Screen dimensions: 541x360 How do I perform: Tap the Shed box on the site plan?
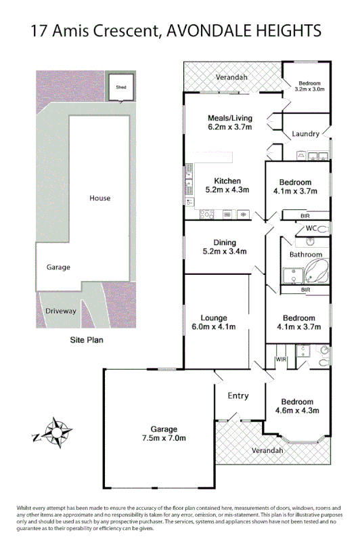pos(120,87)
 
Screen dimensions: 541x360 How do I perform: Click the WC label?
pos(311,229)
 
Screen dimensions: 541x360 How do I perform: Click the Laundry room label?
pos(306,134)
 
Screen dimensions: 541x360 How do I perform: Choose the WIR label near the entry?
pos(281,360)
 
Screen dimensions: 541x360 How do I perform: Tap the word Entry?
pos(238,396)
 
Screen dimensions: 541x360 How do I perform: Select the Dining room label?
pos(225,242)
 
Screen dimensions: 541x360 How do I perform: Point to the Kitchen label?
pos(227,181)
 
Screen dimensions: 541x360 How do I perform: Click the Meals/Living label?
pos(229,118)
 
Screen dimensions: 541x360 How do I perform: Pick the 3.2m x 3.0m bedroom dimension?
pos(309,89)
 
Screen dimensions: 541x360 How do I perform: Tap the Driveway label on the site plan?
pos(60,311)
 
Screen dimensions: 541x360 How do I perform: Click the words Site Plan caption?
pos(86,341)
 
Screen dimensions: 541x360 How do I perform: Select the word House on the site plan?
pos(99,198)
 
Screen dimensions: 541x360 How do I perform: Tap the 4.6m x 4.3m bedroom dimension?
pos(297,410)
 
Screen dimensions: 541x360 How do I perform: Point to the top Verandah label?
pos(231,77)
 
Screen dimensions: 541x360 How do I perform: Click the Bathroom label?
pos(306,255)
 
